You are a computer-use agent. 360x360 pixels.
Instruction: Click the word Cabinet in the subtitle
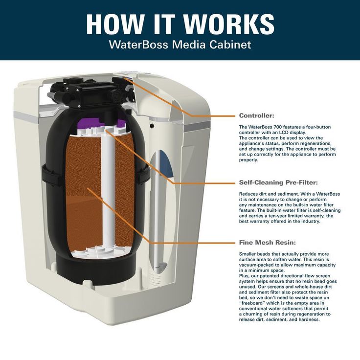click(x=230, y=45)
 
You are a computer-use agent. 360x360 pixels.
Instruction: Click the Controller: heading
click(x=256, y=116)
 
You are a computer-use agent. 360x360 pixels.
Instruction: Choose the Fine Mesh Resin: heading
click(x=267, y=242)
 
